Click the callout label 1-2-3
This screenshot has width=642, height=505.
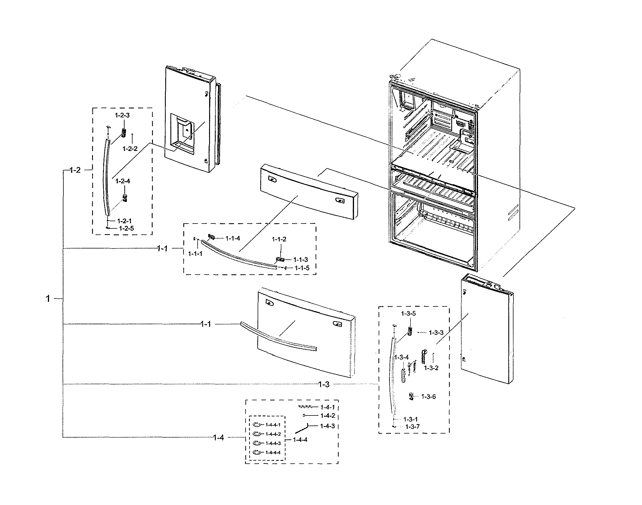point(122,115)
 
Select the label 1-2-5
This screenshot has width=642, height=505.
point(126,228)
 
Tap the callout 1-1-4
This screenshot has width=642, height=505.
point(233,238)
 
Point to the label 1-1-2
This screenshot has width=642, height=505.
point(279,239)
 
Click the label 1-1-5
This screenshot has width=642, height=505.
point(301,268)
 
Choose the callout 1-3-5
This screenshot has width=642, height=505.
point(408,313)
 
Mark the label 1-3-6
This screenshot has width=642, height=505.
point(428,397)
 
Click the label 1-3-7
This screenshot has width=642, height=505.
point(412,427)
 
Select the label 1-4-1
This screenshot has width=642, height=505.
point(328,407)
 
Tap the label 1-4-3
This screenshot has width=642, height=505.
point(328,426)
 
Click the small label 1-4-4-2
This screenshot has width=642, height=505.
point(273,434)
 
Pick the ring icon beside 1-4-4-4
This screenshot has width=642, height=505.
point(257,452)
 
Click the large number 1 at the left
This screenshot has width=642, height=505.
point(48,299)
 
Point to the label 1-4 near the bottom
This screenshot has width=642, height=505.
point(218,438)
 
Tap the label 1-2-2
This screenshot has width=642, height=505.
point(130,149)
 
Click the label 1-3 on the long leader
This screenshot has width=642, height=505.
point(324,384)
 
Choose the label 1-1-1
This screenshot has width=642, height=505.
point(195,254)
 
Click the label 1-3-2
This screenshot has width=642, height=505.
point(431,368)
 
